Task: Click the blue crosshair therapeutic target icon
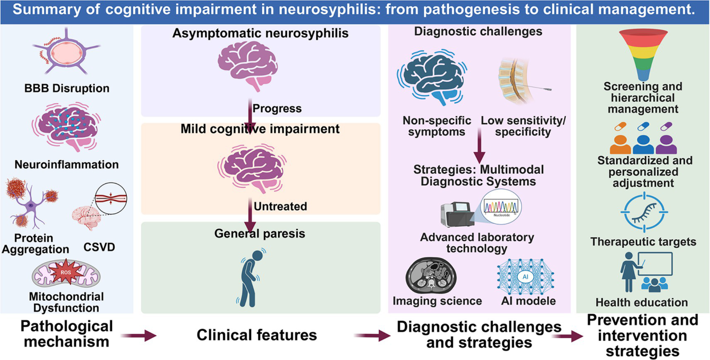click(642, 211)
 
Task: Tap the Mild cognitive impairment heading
click(260, 130)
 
